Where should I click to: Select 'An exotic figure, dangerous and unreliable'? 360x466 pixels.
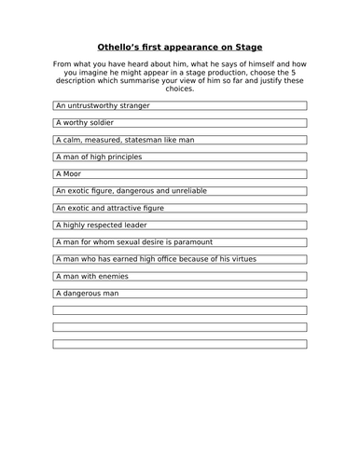(133, 191)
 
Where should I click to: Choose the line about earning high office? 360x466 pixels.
(155, 259)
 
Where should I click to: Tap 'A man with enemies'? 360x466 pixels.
(91, 276)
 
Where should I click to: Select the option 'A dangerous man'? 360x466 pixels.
(87, 294)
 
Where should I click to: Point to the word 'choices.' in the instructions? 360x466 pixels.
(180, 89)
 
